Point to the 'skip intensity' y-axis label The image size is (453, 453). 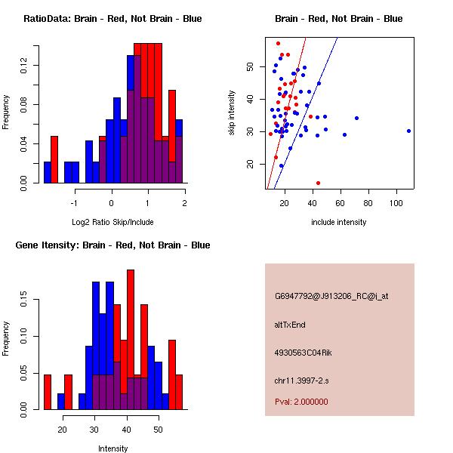pos(233,113)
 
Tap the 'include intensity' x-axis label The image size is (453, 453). pos(338,222)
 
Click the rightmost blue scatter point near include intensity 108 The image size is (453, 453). pos(408,131)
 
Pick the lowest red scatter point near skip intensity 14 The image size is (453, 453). pos(318,183)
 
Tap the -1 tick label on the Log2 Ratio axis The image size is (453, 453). pos(74,203)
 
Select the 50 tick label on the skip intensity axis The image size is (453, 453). pos(250,66)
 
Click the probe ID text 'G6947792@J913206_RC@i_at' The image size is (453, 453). pos(331,297)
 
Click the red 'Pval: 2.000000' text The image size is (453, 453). pos(301,402)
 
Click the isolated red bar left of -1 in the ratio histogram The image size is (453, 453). pos(54,159)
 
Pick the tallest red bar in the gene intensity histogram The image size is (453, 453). pos(131,340)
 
